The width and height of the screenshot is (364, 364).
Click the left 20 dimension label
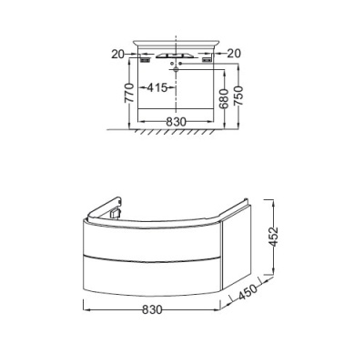point(118,54)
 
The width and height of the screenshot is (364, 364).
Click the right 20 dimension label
point(234,54)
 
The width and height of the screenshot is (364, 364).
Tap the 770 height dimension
point(129,93)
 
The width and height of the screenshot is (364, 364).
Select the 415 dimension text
point(157,88)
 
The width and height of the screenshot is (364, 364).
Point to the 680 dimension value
point(224,99)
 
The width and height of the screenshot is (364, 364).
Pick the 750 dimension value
point(238,96)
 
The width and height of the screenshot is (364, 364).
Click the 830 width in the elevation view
point(176,122)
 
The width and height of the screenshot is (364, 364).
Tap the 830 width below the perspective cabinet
point(153,309)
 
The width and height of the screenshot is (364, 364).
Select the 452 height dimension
point(274,237)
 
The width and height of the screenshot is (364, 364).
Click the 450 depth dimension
point(248,291)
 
